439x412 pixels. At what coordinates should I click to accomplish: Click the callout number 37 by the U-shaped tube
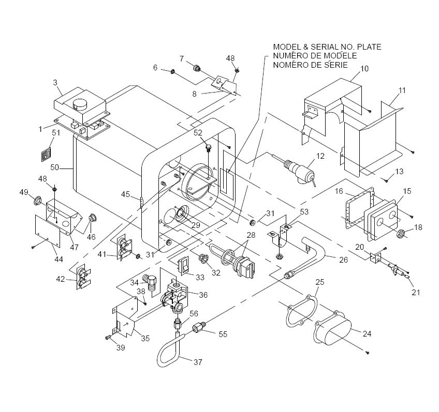[198, 362]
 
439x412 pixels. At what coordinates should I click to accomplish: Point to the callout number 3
[55, 83]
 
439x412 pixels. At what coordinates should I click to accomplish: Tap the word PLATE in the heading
[369, 47]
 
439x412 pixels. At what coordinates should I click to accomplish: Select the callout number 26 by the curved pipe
[343, 260]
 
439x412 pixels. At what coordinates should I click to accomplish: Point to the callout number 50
[54, 167]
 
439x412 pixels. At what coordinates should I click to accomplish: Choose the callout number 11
[402, 90]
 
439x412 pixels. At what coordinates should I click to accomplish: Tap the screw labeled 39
[108, 338]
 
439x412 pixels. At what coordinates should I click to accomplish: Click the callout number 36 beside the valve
[203, 295]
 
